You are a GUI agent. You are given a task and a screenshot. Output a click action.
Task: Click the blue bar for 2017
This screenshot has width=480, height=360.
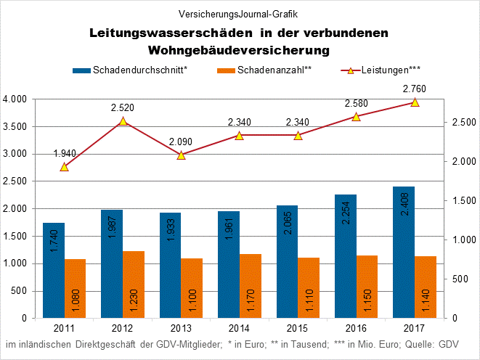(403, 252)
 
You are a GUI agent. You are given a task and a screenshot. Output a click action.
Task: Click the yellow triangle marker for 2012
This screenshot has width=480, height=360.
(123, 121)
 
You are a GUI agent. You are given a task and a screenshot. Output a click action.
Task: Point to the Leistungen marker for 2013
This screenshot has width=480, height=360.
(182, 155)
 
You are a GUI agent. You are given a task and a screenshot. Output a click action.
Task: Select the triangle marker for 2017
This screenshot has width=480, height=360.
(415, 102)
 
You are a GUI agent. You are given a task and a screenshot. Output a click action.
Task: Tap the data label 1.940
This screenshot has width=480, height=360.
(65, 153)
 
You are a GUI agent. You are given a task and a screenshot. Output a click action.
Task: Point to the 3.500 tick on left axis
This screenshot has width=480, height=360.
(15, 126)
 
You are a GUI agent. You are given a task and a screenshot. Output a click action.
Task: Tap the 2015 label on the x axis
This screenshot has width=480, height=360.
(298, 329)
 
